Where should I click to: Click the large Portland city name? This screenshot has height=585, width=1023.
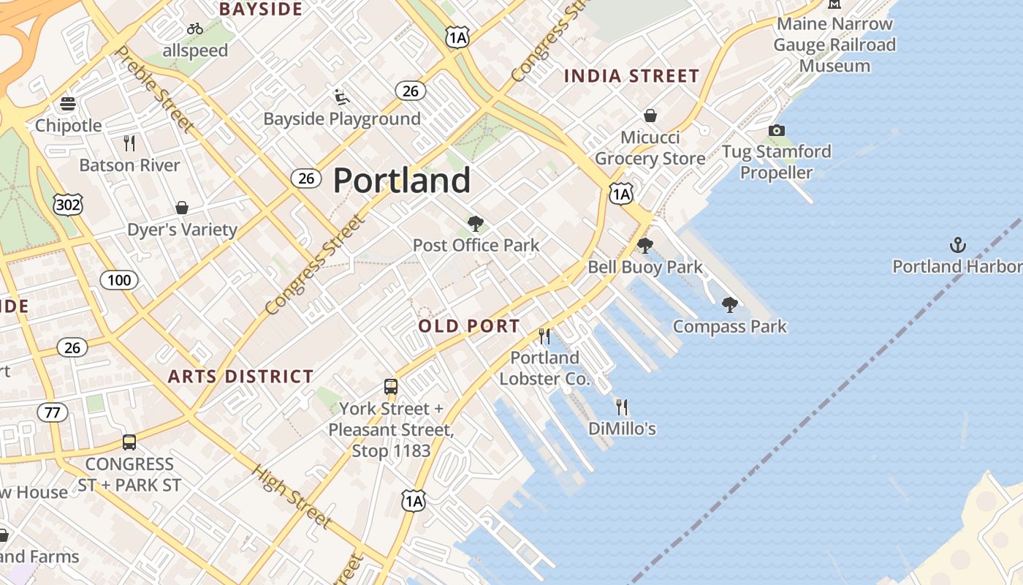402,181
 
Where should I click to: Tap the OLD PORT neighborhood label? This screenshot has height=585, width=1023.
469,326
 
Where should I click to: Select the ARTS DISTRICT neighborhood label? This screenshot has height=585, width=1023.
240,377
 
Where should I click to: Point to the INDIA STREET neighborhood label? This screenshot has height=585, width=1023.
631,76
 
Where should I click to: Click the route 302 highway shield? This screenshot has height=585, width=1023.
68,205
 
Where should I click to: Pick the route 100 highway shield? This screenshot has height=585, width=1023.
119,279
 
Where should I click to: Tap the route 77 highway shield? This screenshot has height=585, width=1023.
52,412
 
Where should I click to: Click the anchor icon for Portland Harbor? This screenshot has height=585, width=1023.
957,244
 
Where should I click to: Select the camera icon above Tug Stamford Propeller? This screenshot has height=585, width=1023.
776,131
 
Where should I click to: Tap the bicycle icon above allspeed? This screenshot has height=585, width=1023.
195,29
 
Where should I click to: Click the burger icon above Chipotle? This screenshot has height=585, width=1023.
68,104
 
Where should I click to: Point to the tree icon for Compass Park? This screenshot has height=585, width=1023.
729,305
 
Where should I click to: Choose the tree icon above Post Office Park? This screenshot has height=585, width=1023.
476,223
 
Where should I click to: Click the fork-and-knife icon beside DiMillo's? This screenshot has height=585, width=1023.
622,407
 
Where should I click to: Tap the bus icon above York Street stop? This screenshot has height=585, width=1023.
391,387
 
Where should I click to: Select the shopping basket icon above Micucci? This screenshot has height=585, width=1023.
650,116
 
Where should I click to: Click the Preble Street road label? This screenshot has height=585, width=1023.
155,89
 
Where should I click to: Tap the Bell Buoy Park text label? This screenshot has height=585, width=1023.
645,267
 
